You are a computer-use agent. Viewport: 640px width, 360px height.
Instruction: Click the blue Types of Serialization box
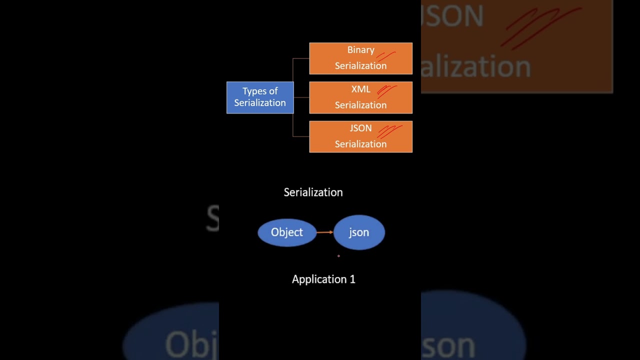[260, 97]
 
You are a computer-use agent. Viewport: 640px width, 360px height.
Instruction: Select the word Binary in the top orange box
[360, 50]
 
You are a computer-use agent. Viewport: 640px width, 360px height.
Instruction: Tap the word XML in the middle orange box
[360, 89]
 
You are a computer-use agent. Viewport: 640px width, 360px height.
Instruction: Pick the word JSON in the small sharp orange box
[360, 128]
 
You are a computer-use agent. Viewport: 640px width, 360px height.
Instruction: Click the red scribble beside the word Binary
[385, 56]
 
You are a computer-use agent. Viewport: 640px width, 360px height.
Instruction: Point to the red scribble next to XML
[386, 91]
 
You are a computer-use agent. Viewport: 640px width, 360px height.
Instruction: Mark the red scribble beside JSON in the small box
[389, 131]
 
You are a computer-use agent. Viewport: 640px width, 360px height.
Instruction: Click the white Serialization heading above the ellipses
[313, 192]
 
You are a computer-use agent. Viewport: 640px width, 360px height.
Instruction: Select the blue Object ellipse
[287, 232]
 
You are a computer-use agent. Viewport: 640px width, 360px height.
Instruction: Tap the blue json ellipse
[359, 232]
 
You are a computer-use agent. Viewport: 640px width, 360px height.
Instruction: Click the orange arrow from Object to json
[325, 232]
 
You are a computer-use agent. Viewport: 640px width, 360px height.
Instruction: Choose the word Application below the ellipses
[319, 279]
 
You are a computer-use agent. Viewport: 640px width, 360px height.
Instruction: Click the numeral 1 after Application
[352, 279]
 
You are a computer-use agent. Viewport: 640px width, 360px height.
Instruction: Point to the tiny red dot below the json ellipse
[338, 256]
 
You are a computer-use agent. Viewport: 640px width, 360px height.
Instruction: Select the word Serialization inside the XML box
[360, 105]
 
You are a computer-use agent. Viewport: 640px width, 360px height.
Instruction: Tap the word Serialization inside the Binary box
[360, 66]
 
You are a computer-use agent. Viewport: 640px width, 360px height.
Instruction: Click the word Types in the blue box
[254, 91]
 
